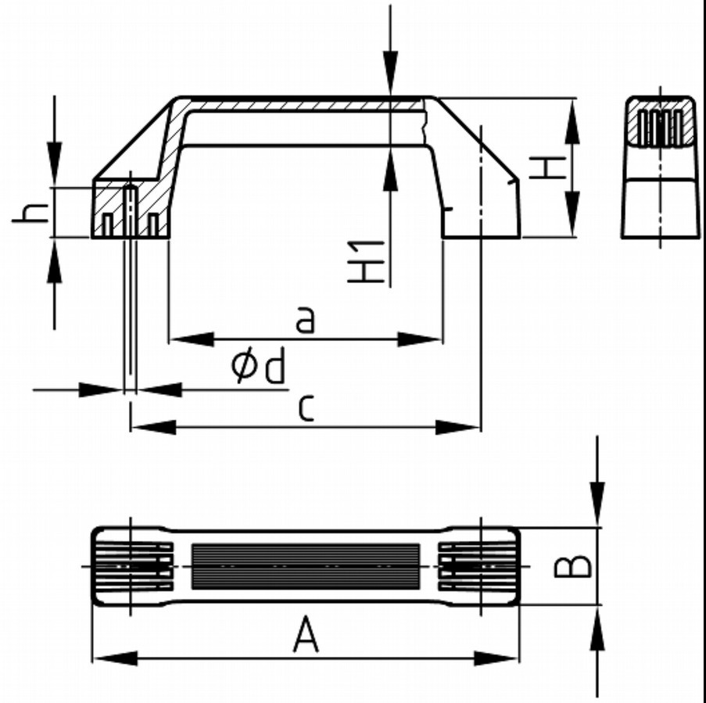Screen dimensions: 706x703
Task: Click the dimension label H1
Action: (x=367, y=262)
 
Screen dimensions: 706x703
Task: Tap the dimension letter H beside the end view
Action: (x=547, y=168)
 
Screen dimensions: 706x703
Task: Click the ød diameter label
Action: (x=258, y=367)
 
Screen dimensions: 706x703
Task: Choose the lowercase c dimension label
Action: (x=306, y=408)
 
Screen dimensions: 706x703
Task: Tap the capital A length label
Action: (x=306, y=635)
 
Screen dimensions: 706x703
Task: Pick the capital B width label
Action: (x=572, y=566)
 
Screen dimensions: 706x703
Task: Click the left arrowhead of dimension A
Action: (x=114, y=658)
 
